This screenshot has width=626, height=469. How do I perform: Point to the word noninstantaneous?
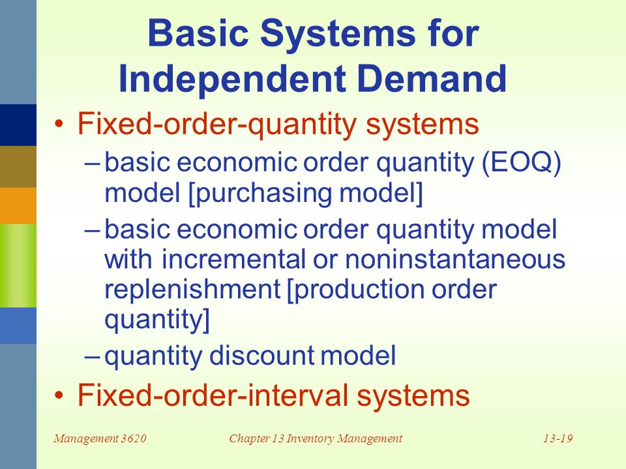coord(455,260)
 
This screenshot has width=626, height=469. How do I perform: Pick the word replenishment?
coord(192,289)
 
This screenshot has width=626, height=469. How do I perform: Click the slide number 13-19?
coord(557,439)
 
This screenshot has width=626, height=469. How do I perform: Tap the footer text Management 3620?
coord(100,439)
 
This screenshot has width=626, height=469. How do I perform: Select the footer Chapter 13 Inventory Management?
coord(316,439)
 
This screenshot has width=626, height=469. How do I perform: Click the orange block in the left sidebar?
coord(18,205)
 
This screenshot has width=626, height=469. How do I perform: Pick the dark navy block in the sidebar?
coord(18,124)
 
